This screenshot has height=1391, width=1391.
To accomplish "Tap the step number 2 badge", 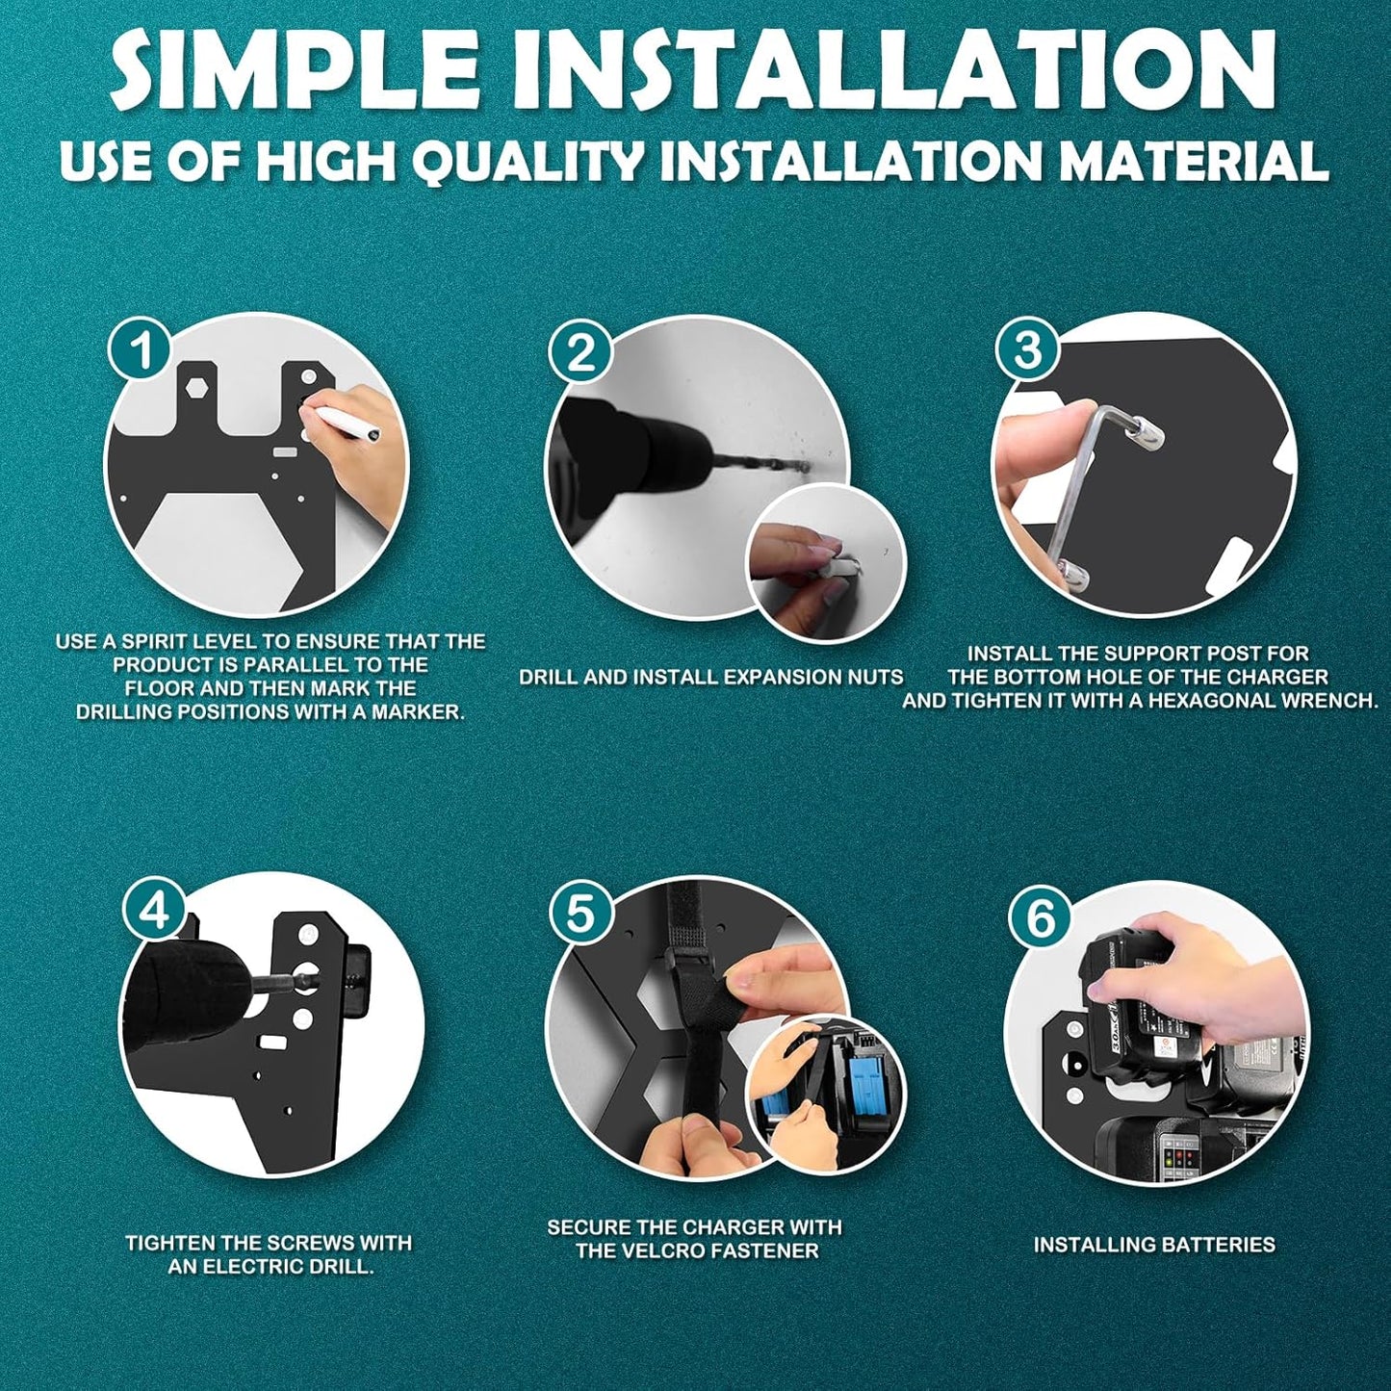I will (580, 353).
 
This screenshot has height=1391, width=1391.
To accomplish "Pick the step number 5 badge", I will (580, 912).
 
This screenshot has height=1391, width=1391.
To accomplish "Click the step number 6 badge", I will (1041, 916).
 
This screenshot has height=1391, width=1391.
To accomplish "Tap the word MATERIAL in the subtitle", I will (1194, 161).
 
